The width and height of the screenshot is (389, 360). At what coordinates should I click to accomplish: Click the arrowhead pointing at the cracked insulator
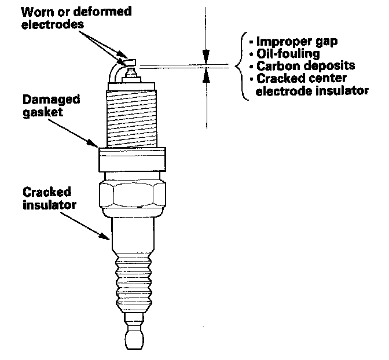[x=108, y=237]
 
